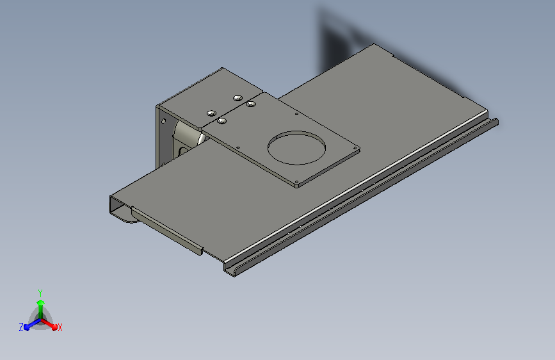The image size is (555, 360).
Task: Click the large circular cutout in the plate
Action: (x=296, y=148)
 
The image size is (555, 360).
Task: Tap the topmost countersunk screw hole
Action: (x=238, y=98)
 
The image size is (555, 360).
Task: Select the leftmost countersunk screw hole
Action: (x=212, y=113)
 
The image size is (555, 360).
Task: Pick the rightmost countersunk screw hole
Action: (x=251, y=104)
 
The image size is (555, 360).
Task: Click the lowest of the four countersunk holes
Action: (x=222, y=121)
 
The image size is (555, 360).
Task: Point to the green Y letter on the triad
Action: (x=40, y=293)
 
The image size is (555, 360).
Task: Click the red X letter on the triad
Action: (x=60, y=327)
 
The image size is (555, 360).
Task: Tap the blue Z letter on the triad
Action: (x=21, y=327)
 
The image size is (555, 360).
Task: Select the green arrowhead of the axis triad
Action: (x=41, y=302)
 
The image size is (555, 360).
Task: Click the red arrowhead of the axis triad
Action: (x=54, y=327)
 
